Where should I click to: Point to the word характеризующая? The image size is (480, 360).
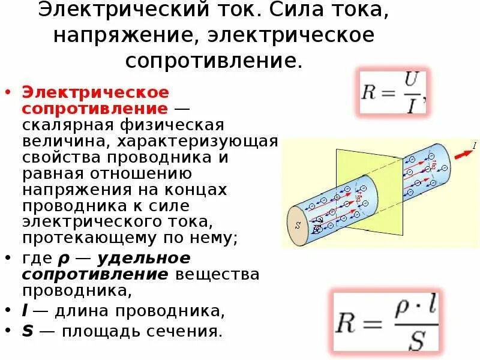point(197,142)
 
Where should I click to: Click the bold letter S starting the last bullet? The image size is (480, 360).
point(27,331)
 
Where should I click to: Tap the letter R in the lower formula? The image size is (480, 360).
point(350,323)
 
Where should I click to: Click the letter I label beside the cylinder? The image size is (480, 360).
point(475,145)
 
